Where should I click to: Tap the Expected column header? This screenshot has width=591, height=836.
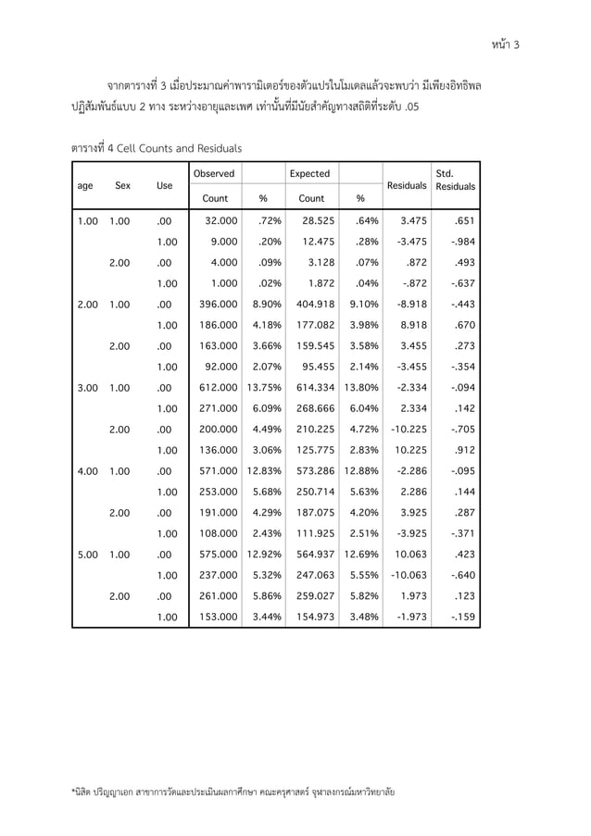[x=309, y=173]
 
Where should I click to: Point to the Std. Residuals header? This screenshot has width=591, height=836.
[x=454, y=180]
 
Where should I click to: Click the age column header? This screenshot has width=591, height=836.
[x=85, y=185]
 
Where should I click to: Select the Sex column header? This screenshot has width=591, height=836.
[x=122, y=185]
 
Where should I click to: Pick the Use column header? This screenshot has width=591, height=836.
[x=165, y=185]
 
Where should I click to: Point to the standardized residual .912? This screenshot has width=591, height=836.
[x=460, y=451]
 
